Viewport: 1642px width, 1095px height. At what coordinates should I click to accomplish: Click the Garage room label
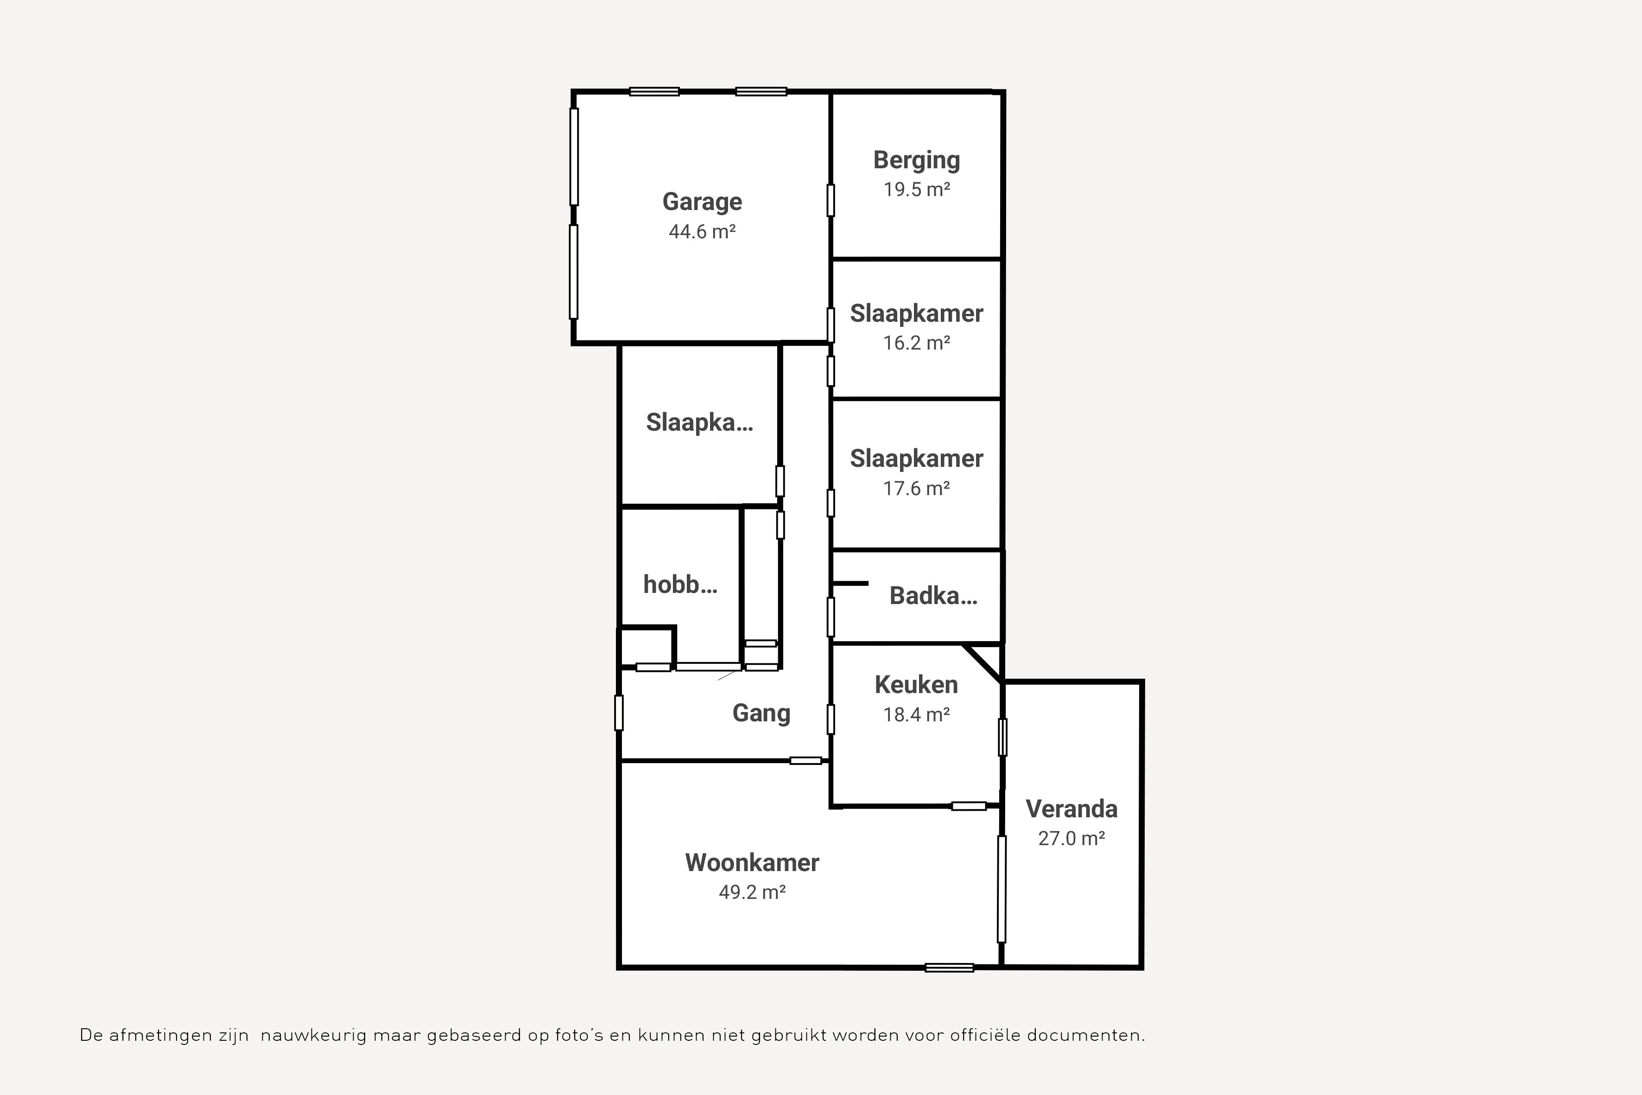click(702, 202)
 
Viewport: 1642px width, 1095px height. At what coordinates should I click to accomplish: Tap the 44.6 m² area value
click(702, 231)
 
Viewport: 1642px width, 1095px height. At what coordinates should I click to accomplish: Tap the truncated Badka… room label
click(933, 596)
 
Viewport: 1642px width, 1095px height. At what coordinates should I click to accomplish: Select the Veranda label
click(1071, 809)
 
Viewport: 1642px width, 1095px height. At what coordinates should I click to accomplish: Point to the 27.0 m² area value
click(1071, 838)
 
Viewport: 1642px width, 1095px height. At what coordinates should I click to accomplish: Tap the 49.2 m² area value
click(752, 892)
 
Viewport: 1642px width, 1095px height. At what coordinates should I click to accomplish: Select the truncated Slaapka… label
click(699, 422)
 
